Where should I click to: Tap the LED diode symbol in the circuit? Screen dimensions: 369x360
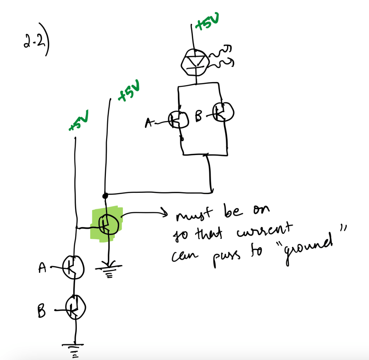(x=195, y=63)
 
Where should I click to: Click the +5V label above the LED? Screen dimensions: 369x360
(x=208, y=21)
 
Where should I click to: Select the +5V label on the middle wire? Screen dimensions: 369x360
(x=129, y=91)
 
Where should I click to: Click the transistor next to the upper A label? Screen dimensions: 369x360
(x=178, y=120)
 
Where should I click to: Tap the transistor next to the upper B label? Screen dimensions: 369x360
(x=223, y=112)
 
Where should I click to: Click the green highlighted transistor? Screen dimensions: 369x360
(x=108, y=225)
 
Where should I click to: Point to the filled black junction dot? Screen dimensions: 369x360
(x=105, y=196)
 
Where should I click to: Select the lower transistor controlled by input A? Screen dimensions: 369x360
(x=73, y=267)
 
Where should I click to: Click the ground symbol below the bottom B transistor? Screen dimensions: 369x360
(x=73, y=351)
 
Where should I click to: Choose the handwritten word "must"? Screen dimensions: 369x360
(x=194, y=214)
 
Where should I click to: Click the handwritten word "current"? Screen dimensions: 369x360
(x=264, y=231)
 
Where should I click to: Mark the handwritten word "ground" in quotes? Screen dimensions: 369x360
(x=308, y=249)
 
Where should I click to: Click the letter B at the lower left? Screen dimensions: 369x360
(x=41, y=311)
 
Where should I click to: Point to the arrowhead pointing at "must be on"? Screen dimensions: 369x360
(x=165, y=213)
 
